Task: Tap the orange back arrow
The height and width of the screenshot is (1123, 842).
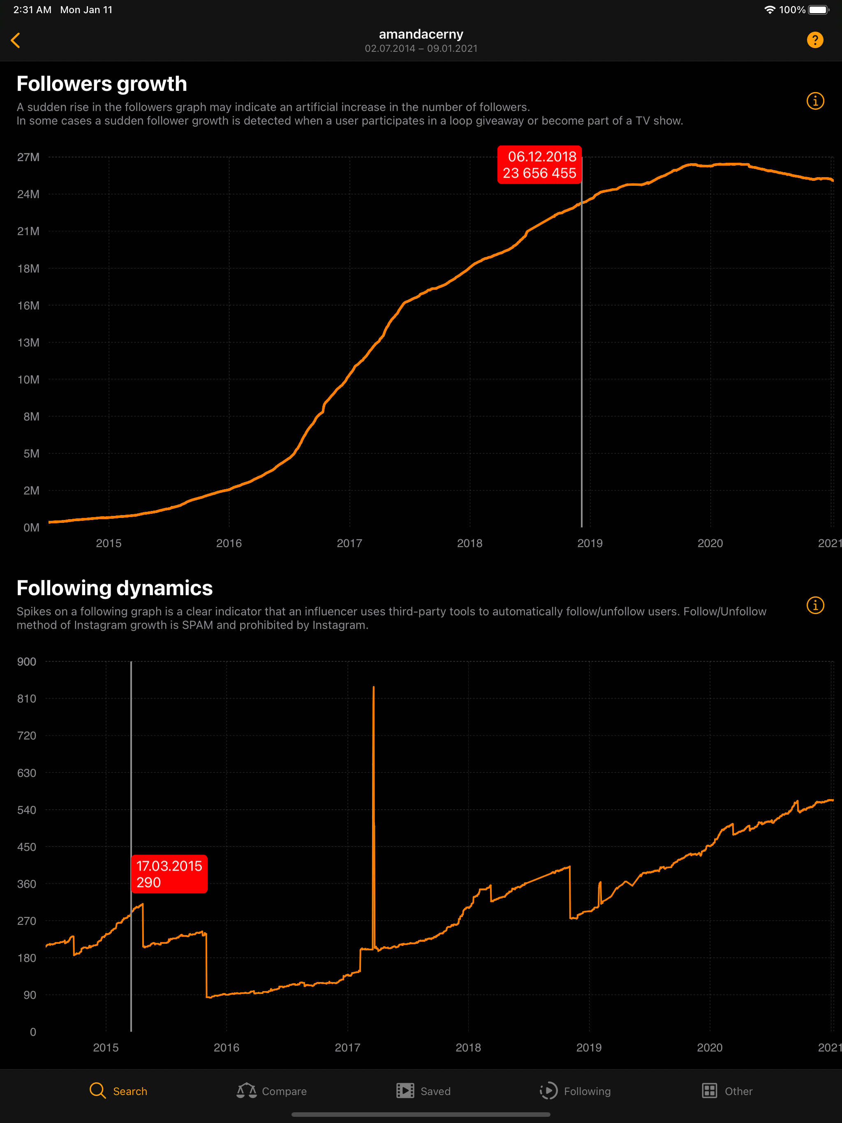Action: [16, 41]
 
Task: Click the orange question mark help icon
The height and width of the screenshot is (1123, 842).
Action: [814, 40]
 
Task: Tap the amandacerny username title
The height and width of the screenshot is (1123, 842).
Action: [421, 34]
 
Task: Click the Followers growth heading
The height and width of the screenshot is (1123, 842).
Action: [102, 84]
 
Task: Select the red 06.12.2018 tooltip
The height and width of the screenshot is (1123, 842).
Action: [539, 165]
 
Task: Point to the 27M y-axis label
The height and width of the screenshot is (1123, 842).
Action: [28, 157]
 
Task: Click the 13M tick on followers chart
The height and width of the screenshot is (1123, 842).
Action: [28, 343]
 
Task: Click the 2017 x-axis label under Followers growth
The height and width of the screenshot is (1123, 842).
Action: [349, 543]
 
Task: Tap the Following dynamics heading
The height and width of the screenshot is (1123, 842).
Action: [114, 588]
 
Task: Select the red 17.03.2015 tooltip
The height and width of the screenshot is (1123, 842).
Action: [169, 874]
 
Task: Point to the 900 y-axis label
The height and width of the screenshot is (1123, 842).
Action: [27, 661]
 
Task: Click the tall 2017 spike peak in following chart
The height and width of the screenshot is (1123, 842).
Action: [374, 689]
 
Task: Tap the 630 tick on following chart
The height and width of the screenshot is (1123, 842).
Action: [27, 773]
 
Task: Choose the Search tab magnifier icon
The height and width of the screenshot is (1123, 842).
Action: [97, 1091]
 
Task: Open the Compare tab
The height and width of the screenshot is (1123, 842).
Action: [272, 1091]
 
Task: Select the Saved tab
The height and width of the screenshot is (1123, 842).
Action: [423, 1091]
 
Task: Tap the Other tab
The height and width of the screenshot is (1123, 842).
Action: [727, 1091]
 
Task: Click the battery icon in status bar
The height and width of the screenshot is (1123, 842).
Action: [818, 9]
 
